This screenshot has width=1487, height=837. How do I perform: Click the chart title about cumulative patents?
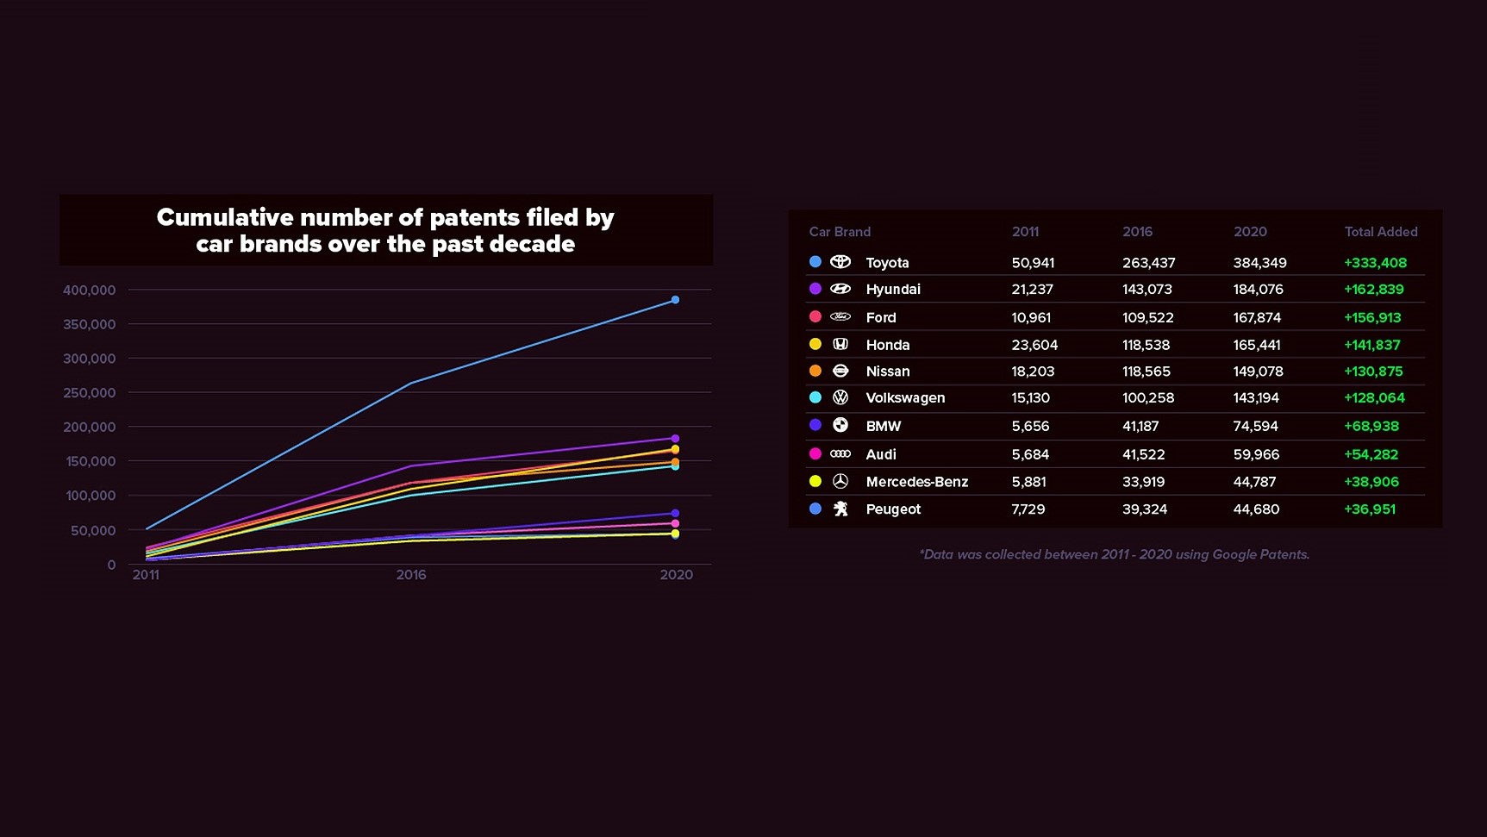385,230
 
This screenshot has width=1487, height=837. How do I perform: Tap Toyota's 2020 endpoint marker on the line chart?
675,300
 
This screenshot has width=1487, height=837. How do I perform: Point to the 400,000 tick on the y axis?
89,290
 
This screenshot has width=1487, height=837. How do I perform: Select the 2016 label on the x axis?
411,575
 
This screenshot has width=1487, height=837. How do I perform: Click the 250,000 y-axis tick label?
89,393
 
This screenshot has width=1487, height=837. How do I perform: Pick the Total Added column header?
1380,232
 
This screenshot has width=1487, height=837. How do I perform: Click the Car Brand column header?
840,232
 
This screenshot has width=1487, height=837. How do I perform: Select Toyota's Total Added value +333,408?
1375,263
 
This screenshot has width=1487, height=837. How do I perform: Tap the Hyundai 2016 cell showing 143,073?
1146,290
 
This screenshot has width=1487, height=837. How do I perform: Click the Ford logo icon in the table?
840,317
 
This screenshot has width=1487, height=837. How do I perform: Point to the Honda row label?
888,345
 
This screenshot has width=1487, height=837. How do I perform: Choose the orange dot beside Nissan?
815,371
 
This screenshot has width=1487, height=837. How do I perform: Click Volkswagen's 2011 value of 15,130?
1030,398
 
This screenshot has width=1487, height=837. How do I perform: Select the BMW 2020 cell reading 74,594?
1255,427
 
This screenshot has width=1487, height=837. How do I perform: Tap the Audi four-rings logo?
840,454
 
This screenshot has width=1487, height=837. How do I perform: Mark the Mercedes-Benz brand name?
916,482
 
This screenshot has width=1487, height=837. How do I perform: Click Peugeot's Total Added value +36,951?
1369,509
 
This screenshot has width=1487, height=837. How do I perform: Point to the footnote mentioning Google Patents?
1114,554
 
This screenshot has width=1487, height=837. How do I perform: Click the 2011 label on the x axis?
146,575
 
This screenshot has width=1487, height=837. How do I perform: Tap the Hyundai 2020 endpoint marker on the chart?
675,439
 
